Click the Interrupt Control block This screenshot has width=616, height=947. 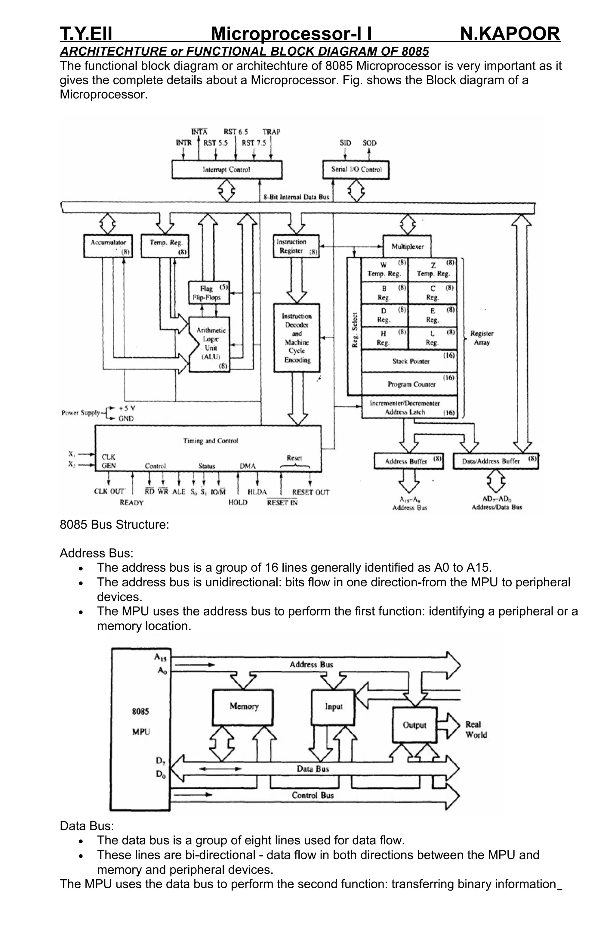(226, 169)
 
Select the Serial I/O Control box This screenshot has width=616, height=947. (356, 169)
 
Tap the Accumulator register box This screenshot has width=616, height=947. (108, 246)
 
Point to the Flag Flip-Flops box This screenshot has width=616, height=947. (209, 293)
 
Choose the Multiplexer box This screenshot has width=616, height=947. (407, 246)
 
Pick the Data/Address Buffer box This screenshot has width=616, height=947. (495, 461)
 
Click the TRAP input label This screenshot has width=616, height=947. (271, 132)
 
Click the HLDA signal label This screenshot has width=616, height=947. (257, 492)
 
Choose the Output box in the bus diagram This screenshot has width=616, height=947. (414, 725)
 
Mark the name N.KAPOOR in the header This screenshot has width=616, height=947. (510, 33)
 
